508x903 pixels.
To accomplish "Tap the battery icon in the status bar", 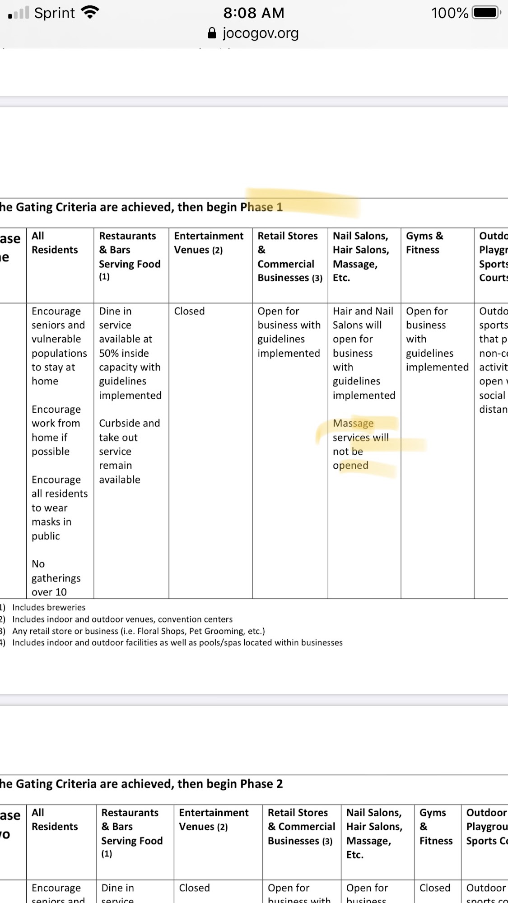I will [486, 13].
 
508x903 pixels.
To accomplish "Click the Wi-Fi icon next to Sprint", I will [90, 13].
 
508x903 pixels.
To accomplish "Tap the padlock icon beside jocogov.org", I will [212, 33].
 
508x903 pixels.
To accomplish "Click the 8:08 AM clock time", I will [254, 13].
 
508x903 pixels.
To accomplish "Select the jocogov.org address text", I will [261, 33].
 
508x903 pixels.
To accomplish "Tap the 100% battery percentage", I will [450, 13].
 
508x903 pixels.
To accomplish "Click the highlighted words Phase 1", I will [261, 207].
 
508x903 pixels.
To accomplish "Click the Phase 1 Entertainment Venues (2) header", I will [209, 243].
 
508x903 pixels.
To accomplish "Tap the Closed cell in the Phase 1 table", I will [190, 311].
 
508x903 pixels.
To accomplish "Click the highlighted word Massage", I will [353, 424].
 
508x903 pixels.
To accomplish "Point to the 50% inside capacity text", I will [124, 353].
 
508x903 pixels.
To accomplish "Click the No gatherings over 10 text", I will [56, 578].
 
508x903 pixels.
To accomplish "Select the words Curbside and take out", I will [129, 430].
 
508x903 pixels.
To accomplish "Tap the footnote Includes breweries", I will [49, 607].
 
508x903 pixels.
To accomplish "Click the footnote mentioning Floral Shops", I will [138, 631].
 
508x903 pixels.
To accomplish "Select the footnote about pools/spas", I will [177, 642].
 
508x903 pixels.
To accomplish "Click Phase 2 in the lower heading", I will [261, 784].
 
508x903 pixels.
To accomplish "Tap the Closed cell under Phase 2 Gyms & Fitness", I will [435, 888].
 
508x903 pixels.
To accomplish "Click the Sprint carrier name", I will [55, 13].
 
